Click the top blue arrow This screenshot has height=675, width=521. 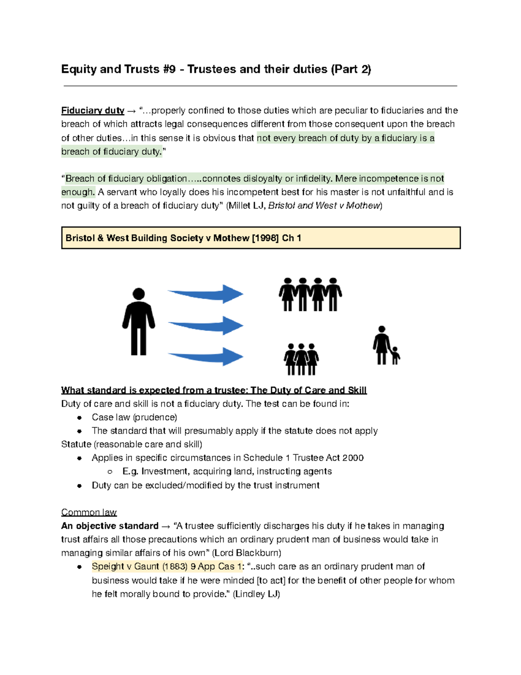click(x=206, y=294)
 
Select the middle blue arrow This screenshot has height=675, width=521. click(x=206, y=326)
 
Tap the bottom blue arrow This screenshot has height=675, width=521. click(x=206, y=356)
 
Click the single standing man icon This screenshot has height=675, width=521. click(x=138, y=322)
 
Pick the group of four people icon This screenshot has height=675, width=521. click(x=310, y=295)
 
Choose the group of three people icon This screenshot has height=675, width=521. click(x=301, y=359)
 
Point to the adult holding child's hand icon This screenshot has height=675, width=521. click(x=385, y=346)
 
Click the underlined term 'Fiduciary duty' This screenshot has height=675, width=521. click(x=92, y=111)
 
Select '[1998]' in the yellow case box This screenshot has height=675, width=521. click(x=265, y=238)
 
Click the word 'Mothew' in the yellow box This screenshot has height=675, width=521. click(x=231, y=238)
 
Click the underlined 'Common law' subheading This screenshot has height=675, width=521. click(x=89, y=512)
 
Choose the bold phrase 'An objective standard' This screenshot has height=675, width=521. click(x=110, y=526)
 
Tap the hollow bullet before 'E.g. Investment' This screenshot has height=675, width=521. click(x=110, y=472)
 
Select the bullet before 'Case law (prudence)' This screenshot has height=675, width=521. click(x=79, y=418)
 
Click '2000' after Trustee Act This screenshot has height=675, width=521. click(x=353, y=458)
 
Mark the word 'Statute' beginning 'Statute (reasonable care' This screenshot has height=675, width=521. click(x=76, y=445)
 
